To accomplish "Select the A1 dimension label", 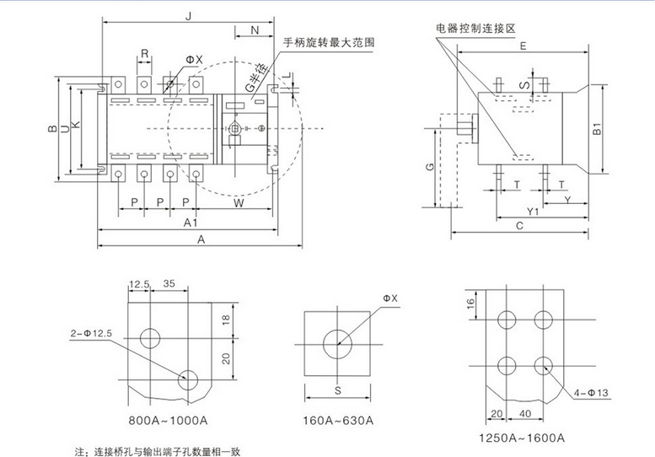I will [x=191, y=222].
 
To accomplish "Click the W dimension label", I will [x=239, y=203].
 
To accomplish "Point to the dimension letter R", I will [x=145, y=53].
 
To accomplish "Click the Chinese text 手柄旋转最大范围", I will [x=328, y=42].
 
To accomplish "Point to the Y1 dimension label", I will [x=532, y=211].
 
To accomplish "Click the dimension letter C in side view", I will [x=520, y=225].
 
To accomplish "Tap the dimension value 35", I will [x=170, y=285].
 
